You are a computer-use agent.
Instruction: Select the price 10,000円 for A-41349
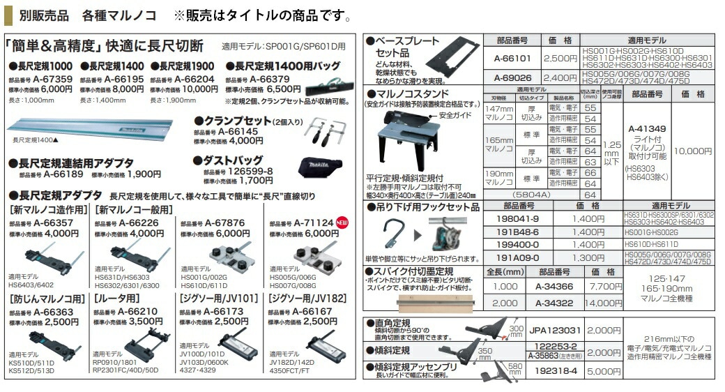pyautogui.click(x=692, y=151)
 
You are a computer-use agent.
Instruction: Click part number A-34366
pyautogui.click(x=554, y=286)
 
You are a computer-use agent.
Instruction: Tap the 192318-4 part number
pyautogui.click(x=556, y=372)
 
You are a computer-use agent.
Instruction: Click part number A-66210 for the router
pyautogui.click(x=142, y=311)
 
